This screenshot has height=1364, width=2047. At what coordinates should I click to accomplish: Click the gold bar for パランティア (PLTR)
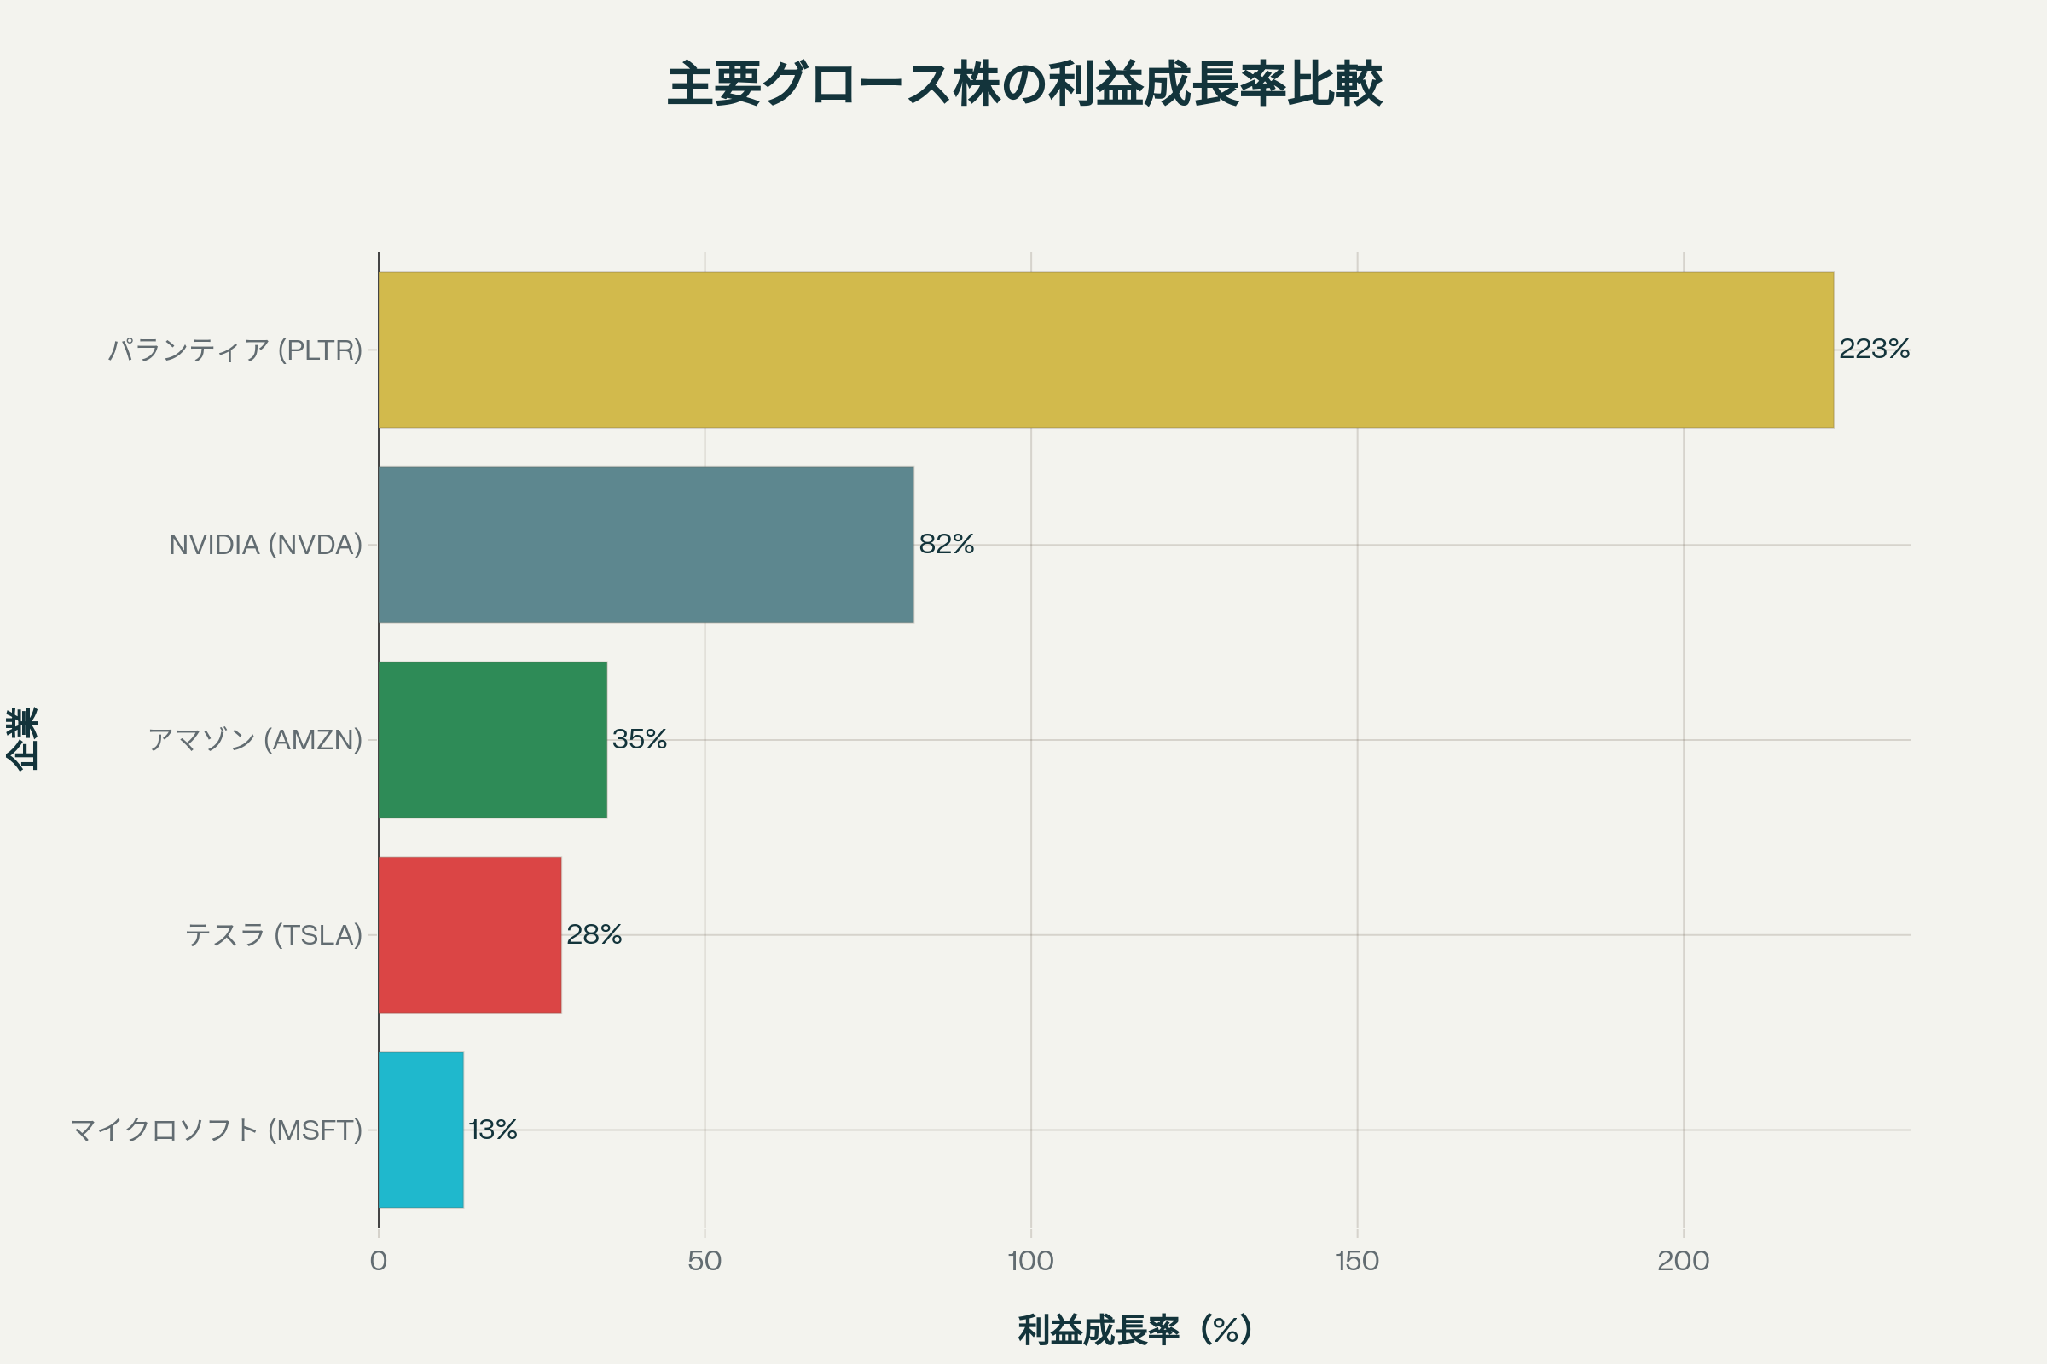coord(1105,350)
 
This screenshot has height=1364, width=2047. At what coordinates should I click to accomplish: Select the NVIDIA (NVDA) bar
coord(646,545)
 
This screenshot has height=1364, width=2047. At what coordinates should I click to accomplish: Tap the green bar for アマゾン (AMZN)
coord(493,739)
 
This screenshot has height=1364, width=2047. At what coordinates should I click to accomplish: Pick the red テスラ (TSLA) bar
coord(470,934)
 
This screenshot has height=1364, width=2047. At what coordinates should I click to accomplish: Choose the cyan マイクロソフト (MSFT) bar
coord(421,1129)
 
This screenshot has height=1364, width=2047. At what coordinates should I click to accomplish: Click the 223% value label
coord(1874,350)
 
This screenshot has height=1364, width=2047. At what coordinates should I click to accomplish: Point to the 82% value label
coord(946,545)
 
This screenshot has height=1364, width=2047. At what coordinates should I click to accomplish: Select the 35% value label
coord(640,739)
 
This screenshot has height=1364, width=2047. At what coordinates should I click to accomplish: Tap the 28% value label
coord(594,934)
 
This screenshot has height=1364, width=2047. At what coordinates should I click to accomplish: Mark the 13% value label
coord(493,1129)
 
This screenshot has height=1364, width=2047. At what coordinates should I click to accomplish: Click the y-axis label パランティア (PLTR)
coord(235,350)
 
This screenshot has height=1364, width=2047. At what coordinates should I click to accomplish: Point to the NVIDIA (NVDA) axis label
coord(265,545)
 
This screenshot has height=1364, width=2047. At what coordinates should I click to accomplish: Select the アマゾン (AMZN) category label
coord(255,739)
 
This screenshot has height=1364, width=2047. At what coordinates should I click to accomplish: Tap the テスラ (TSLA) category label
coord(273,934)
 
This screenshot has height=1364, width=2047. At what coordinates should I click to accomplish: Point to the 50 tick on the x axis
coord(705,1261)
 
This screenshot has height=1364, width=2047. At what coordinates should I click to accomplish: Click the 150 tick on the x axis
coord(1357,1261)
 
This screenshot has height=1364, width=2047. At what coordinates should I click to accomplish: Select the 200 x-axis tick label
coord(1683,1261)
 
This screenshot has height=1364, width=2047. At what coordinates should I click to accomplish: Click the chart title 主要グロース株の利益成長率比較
coord(1024,84)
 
